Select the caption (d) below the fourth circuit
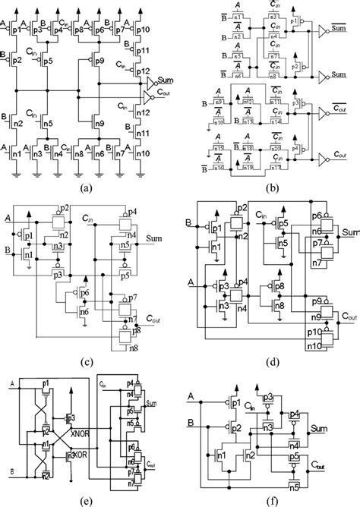click(x=270, y=341)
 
